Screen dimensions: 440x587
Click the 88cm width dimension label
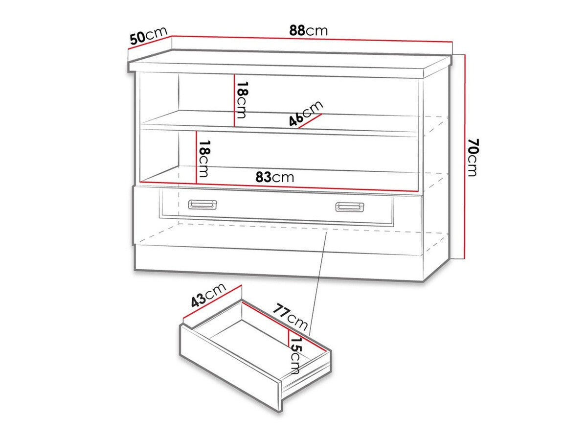(308, 31)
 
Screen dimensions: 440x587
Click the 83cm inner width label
(275, 177)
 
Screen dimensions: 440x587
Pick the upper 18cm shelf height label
(241, 100)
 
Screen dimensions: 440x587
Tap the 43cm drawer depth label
(207, 296)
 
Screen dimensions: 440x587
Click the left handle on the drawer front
(202, 204)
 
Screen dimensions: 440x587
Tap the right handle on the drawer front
(349, 207)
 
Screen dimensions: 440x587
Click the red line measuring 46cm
(310, 121)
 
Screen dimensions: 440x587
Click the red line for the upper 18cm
(235, 100)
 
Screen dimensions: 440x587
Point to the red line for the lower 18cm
(196, 158)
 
